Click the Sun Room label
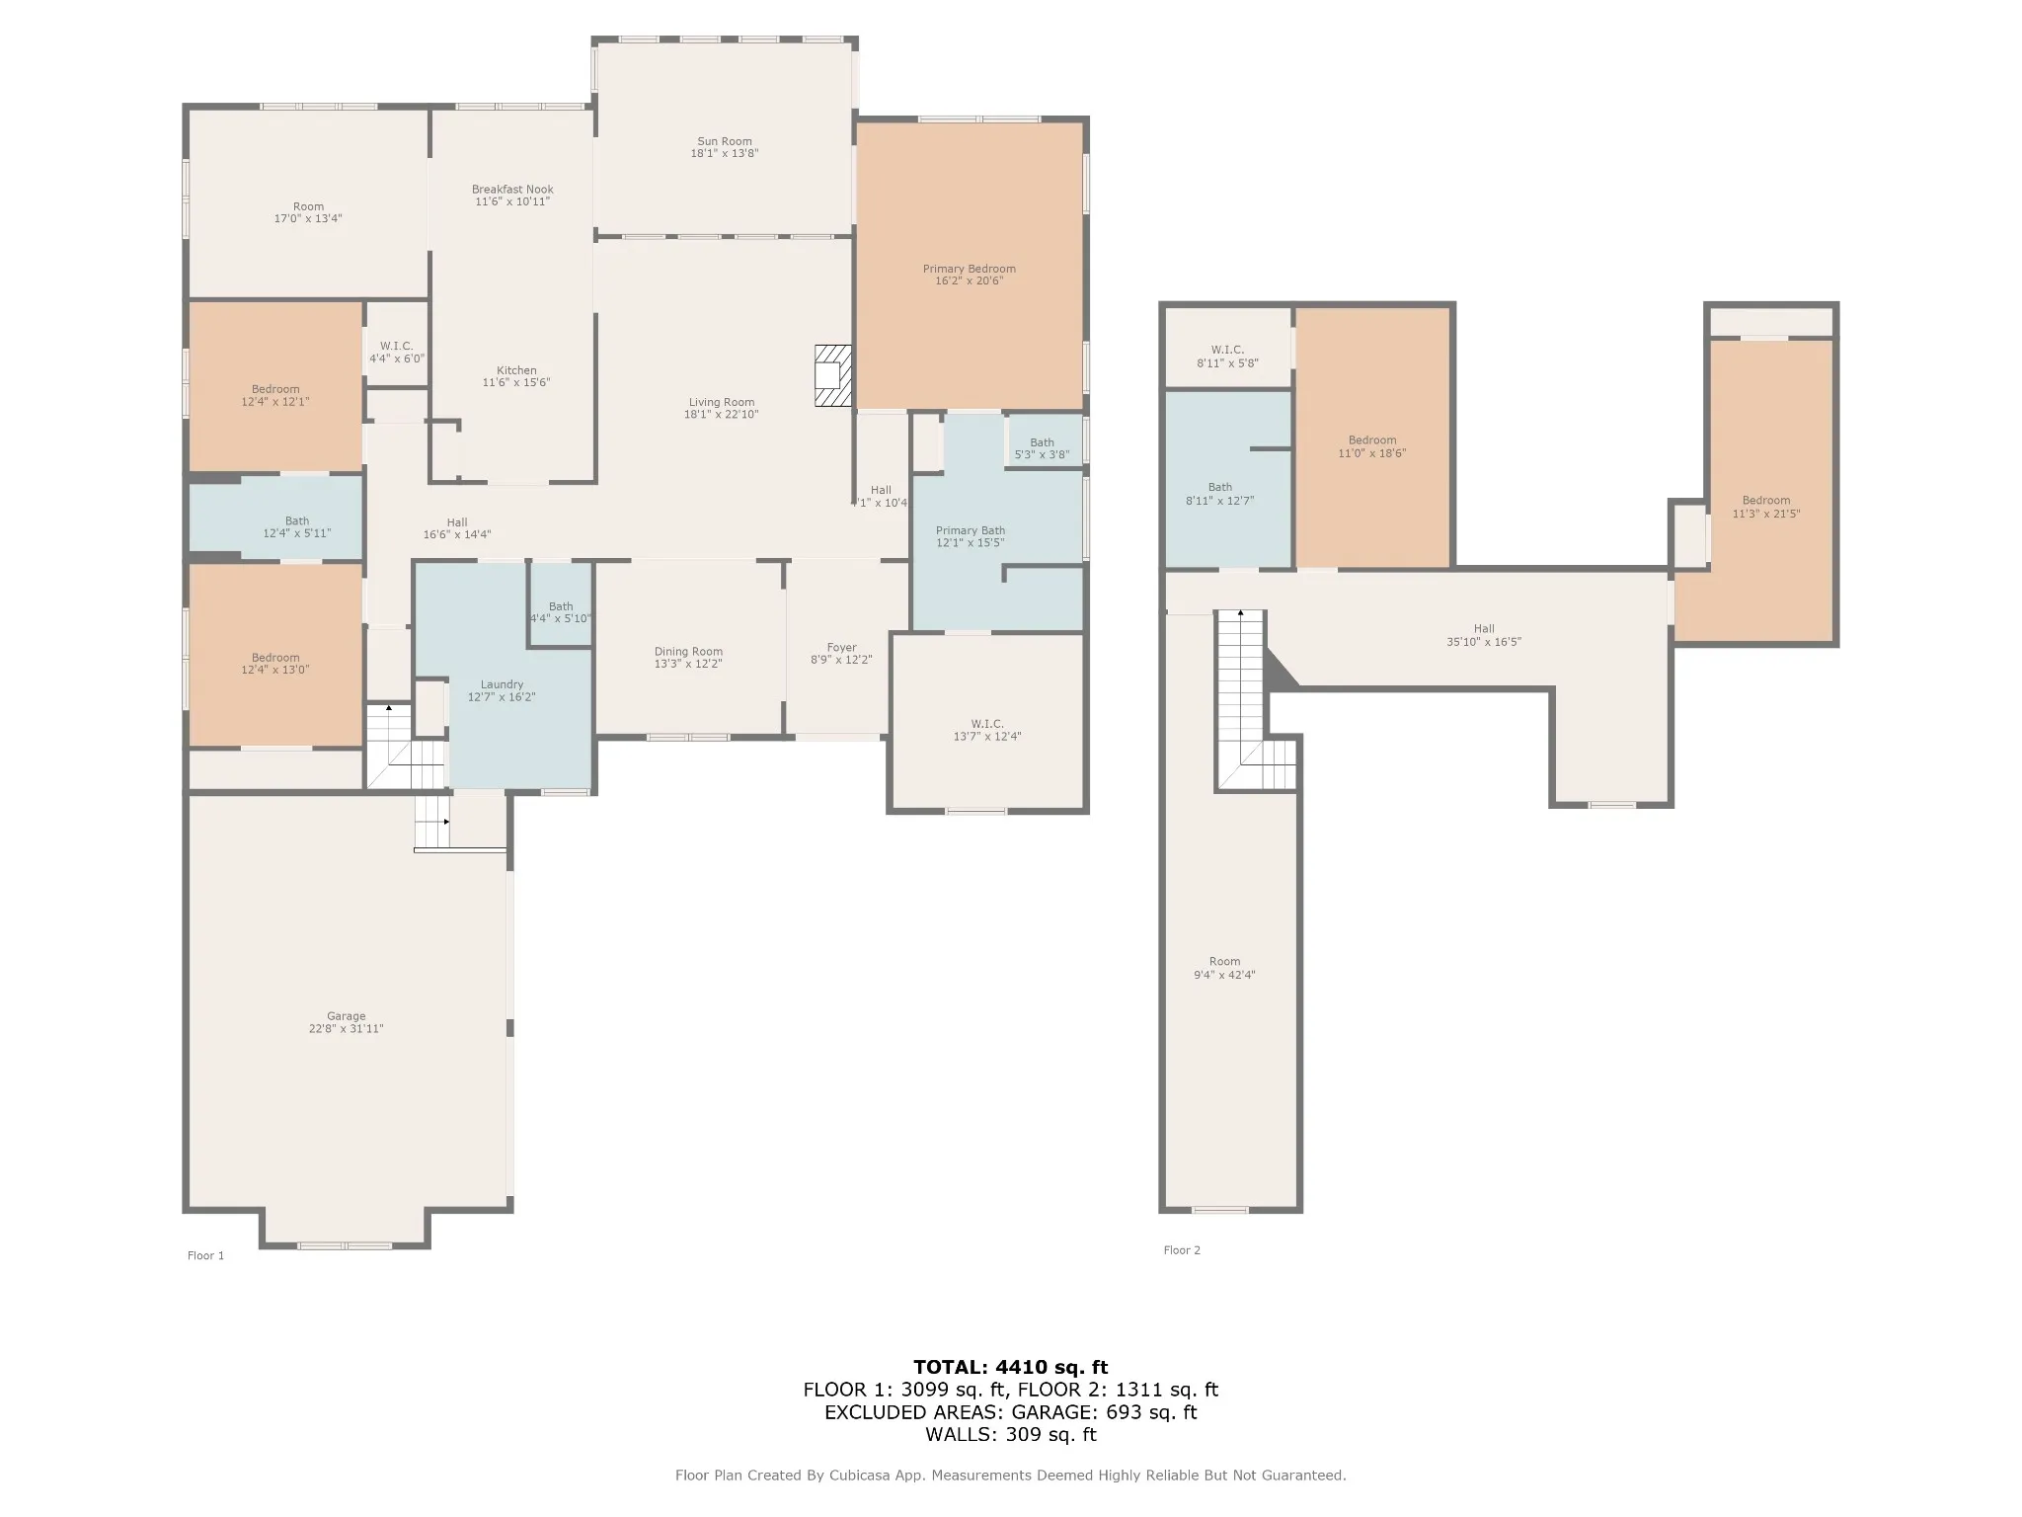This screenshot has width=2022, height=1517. [x=725, y=141]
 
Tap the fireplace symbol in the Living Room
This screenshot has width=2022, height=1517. [x=832, y=375]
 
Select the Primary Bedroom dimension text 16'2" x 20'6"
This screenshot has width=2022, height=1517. [x=969, y=280]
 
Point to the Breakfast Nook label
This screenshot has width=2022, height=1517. [x=512, y=189]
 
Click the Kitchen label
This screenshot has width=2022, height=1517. [x=516, y=370]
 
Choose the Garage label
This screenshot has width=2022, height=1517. [x=347, y=1015]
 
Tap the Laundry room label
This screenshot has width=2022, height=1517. [x=502, y=684]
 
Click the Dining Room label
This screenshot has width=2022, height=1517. [x=688, y=651]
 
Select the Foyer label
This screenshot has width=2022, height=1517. [x=842, y=648]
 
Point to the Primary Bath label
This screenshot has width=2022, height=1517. [x=971, y=530]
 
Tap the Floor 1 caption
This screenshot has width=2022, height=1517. [x=205, y=1255]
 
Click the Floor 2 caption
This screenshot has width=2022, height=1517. [x=1182, y=1249]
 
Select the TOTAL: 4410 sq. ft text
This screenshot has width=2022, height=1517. [x=1010, y=1367]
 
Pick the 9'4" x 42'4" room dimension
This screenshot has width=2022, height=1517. [x=1224, y=975]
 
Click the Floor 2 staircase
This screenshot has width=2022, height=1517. [x=1255, y=699]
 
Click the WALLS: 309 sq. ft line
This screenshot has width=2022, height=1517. [x=1010, y=1434]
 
